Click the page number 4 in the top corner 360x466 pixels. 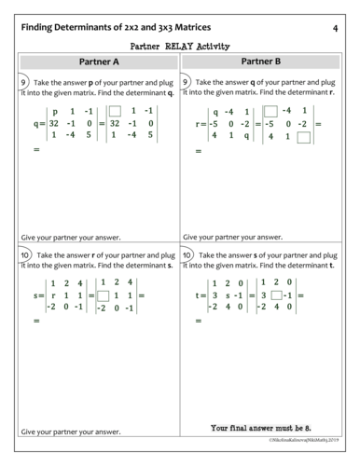(x=334, y=29)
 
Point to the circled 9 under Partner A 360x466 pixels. (x=25, y=82)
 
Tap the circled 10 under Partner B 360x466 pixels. (x=189, y=254)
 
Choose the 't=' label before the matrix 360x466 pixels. (x=201, y=296)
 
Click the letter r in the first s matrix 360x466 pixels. (x=55, y=296)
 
